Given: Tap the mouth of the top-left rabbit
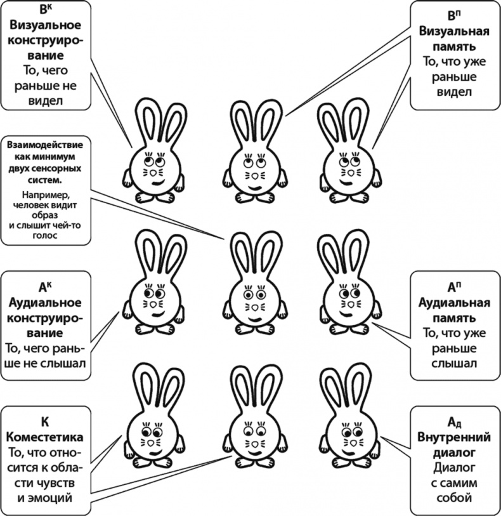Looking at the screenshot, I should coord(156,182).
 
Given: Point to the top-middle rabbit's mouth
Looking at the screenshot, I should coord(253,187).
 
